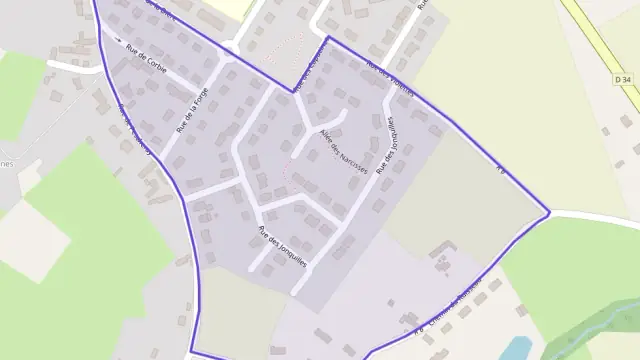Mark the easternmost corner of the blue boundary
pyautogui.click(x=549, y=212)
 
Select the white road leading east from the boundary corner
pyautogui.click(x=595, y=217)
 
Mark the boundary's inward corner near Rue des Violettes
pyautogui.click(x=294, y=92)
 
